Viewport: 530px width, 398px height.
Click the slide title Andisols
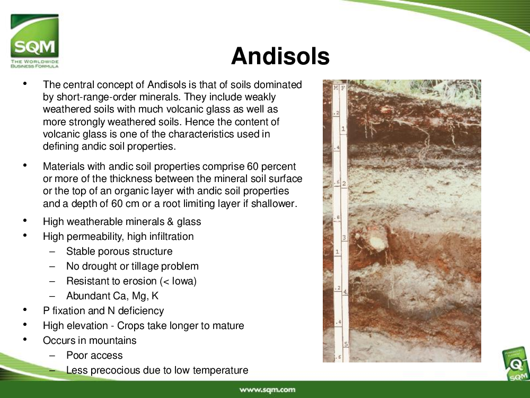(x=280, y=56)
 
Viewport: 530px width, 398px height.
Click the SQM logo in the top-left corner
(x=34, y=41)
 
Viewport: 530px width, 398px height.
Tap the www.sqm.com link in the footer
(x=267, y=390)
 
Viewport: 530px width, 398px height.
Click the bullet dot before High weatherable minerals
(x=25, y=221)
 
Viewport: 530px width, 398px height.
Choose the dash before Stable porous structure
(x=52, y=252)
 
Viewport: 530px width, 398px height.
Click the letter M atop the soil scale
(x=335, y=88)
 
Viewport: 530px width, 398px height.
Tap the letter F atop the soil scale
(x=343, y=88)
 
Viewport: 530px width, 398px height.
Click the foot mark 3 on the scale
(x=344, y=238)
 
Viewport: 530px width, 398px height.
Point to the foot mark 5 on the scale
(x=346, y=344)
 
